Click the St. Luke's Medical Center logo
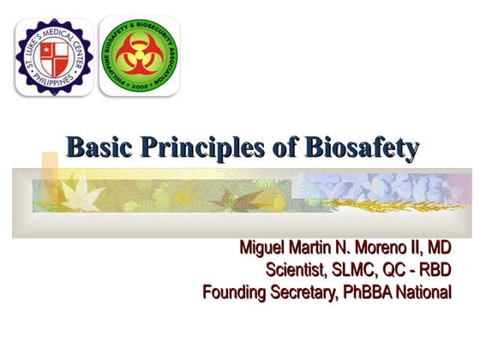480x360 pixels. [x=53, y=55]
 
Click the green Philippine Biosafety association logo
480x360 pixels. [x=140, y=55]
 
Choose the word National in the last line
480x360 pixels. [x=424, y=292]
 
